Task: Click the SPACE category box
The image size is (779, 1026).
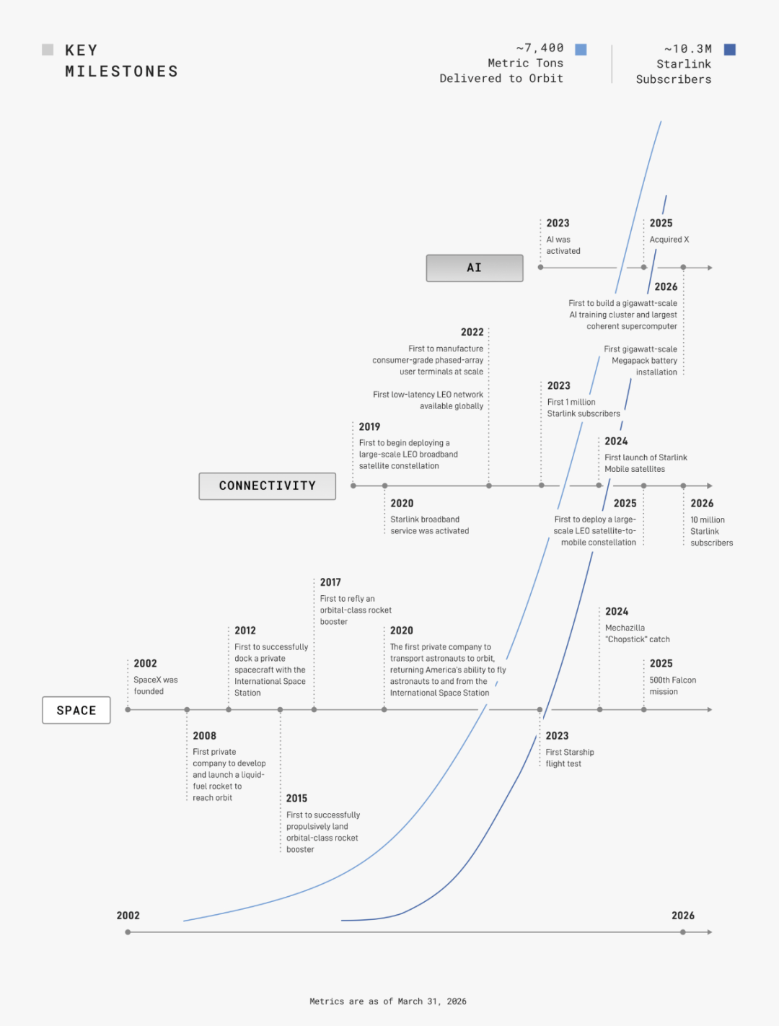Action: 76,710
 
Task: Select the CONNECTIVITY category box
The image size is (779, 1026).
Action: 268,486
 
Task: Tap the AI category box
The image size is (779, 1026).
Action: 475,268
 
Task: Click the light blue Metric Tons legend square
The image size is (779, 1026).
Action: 581,50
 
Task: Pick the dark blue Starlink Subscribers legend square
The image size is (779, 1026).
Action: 729,50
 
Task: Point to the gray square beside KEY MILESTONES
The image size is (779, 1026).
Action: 48,50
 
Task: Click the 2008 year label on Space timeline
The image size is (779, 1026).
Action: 205,736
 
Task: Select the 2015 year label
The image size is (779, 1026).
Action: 296,799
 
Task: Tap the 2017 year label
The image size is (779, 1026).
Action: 330,582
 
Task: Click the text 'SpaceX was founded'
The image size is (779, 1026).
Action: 156,685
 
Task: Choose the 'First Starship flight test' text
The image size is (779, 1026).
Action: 570,758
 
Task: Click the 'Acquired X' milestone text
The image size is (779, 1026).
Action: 669,240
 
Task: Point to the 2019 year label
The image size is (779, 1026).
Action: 369,426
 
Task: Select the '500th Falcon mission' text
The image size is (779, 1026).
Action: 673,685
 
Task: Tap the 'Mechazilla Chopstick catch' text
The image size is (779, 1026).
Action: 638,633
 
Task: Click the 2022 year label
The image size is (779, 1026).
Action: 472,333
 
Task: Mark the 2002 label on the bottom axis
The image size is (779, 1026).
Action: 128,916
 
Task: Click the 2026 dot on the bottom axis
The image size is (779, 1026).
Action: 683,932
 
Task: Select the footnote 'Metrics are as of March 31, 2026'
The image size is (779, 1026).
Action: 388,1001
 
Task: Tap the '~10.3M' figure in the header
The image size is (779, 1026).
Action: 688,49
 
